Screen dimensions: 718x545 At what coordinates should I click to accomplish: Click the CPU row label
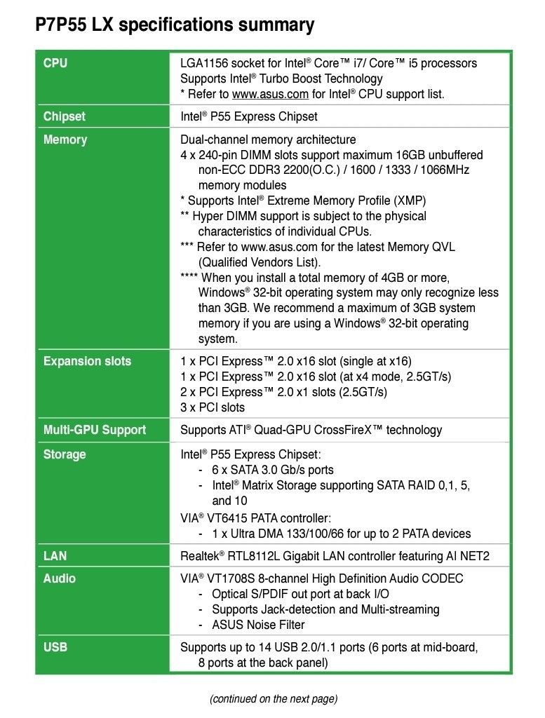pos(55,63)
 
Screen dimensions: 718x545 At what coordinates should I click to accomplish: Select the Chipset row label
pos(65,116)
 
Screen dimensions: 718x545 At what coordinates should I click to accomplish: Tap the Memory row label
pos(65,140)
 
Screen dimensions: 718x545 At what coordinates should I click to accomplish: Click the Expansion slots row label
pos(87,361)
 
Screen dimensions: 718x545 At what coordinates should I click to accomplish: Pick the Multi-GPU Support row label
pos(95,430)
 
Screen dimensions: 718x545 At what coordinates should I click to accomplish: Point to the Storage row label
pos(65,454)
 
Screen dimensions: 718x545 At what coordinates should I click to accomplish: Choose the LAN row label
pos(55,556)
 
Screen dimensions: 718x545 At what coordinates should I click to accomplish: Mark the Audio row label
pos(60,578)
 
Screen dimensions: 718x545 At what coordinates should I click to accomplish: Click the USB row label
pos(55,647)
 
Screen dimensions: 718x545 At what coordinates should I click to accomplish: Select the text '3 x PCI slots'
pos(213,407)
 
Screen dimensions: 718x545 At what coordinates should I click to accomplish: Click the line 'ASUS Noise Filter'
pos(258,625)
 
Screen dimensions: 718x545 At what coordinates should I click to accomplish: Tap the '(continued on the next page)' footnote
pos(273,698)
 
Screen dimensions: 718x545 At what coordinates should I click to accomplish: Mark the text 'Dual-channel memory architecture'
pos(268,140)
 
